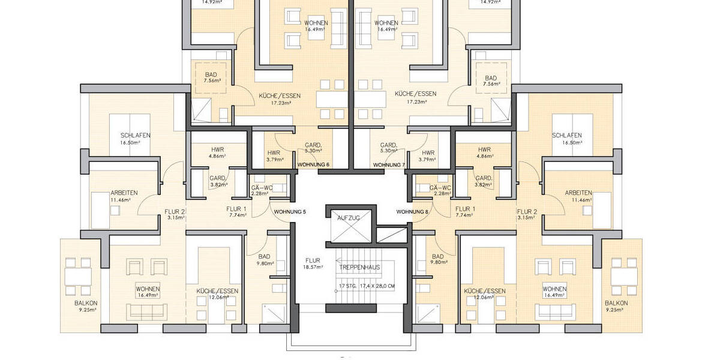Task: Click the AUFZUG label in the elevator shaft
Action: pos(348,218)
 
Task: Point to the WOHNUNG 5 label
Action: pos(290,212)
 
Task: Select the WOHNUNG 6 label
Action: pos(313,164)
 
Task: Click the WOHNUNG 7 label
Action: pos(389,164)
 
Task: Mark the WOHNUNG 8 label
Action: pos(412,212)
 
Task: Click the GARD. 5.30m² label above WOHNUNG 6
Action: pos(314,148)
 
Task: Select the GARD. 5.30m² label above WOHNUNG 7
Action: pos(389,148)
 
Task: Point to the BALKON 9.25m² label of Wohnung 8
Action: pos(616,307)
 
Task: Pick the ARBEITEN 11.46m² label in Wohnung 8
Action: pos(578,196)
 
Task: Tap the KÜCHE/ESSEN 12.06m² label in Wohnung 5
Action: pos(217,294)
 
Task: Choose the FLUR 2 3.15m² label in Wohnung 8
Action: pos(526,214)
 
